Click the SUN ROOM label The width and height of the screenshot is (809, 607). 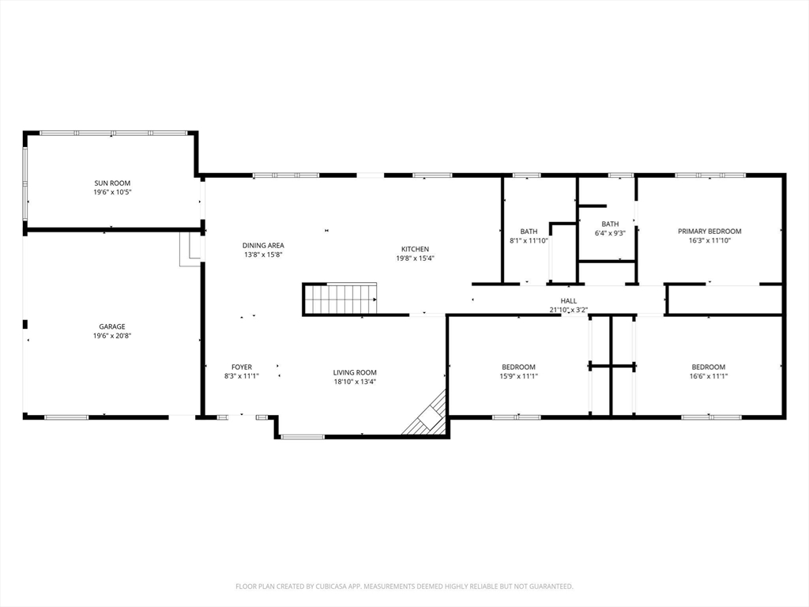112,183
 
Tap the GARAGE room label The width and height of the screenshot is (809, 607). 112,326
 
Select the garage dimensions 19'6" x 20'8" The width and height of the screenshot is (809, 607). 112,336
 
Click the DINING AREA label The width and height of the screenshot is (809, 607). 263,246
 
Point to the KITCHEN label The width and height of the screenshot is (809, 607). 415,249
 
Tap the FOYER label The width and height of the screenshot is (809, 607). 242,368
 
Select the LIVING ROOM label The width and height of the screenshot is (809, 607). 355,373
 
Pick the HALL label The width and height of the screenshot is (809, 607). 569,301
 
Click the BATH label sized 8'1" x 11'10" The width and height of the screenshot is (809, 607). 529,232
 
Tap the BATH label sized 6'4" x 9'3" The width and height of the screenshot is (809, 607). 610,224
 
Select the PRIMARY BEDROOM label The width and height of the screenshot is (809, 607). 709,232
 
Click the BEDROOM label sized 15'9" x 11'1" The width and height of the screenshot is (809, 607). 518,368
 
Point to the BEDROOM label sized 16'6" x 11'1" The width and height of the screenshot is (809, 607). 709,368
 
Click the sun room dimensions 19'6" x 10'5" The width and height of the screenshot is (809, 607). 112,193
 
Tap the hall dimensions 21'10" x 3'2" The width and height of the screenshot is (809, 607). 569,310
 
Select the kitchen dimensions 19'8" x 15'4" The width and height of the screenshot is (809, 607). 415,258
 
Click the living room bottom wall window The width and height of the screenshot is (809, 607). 303,437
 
